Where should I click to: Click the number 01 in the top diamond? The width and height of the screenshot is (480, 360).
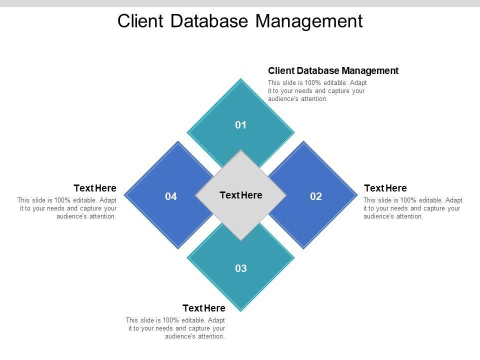(241, 125)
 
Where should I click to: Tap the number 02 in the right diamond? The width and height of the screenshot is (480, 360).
(316, 196)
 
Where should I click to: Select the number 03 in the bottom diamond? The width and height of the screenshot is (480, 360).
(241, 268)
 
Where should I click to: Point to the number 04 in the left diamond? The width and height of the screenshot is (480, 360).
(171, 196)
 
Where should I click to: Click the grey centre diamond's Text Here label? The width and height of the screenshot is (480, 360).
(241, 195)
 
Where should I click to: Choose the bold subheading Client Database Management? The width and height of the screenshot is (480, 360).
(333, 70)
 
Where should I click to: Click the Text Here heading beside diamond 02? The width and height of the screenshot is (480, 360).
(385, 188)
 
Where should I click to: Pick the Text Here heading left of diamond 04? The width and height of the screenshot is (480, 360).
(95, 188)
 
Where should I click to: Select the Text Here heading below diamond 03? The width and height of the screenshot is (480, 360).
(204, 308)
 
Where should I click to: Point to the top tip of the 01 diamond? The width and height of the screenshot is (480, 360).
(241, 79)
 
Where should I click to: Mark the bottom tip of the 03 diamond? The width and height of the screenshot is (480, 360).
(241, 311)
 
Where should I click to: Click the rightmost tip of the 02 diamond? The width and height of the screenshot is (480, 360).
(356, 195)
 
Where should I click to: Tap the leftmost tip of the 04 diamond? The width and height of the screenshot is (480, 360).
(124, 195)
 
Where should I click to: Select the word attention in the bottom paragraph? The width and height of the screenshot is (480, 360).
(211, 336)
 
